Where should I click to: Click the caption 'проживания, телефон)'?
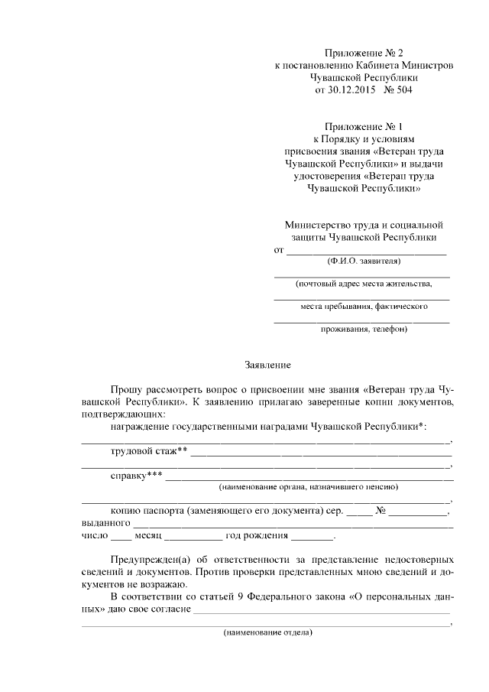(363, 330)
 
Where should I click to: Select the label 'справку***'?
(137, 475)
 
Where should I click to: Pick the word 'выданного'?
(105, 523)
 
